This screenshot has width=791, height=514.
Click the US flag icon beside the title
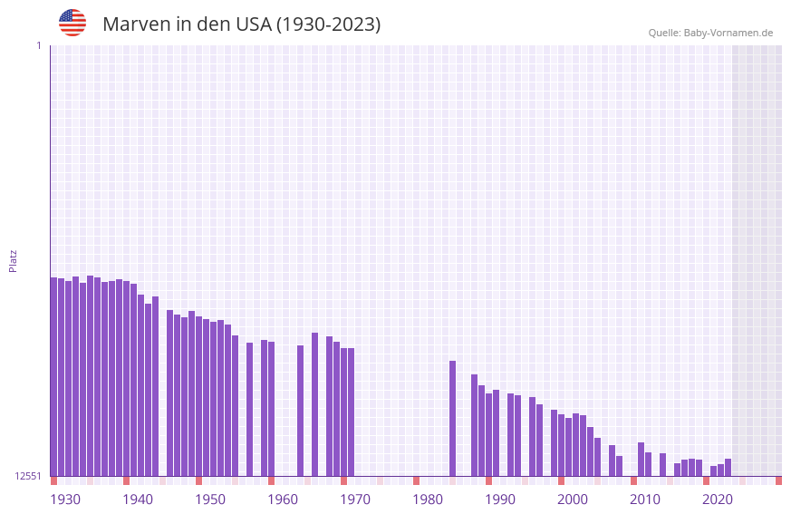pos(72,23)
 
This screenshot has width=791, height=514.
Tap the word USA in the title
pos(253,24)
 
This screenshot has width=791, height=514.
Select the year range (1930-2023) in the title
pos(328,24)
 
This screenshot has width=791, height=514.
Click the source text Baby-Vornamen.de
pos(728,33)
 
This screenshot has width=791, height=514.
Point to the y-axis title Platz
pos(13,260)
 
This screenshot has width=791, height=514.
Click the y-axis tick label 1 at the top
pos(38,45)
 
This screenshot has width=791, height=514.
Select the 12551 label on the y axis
pos(28,476)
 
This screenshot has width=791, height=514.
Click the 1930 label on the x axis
pos(65,499)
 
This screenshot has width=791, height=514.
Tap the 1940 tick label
pos(138,499)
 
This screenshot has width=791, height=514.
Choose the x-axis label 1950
pos(210,499)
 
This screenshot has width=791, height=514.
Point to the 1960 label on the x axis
pos(283,499)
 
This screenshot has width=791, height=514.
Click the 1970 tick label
pos(355,499)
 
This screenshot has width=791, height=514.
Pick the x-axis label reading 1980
pos(428,499)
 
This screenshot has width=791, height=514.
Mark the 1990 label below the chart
pos(500,499)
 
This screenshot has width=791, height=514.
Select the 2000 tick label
pos(573,499)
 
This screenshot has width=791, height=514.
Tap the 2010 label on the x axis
pos(645,499)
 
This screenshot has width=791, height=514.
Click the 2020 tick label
pos(718,499)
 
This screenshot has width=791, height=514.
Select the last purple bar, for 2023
pos(728,468)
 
